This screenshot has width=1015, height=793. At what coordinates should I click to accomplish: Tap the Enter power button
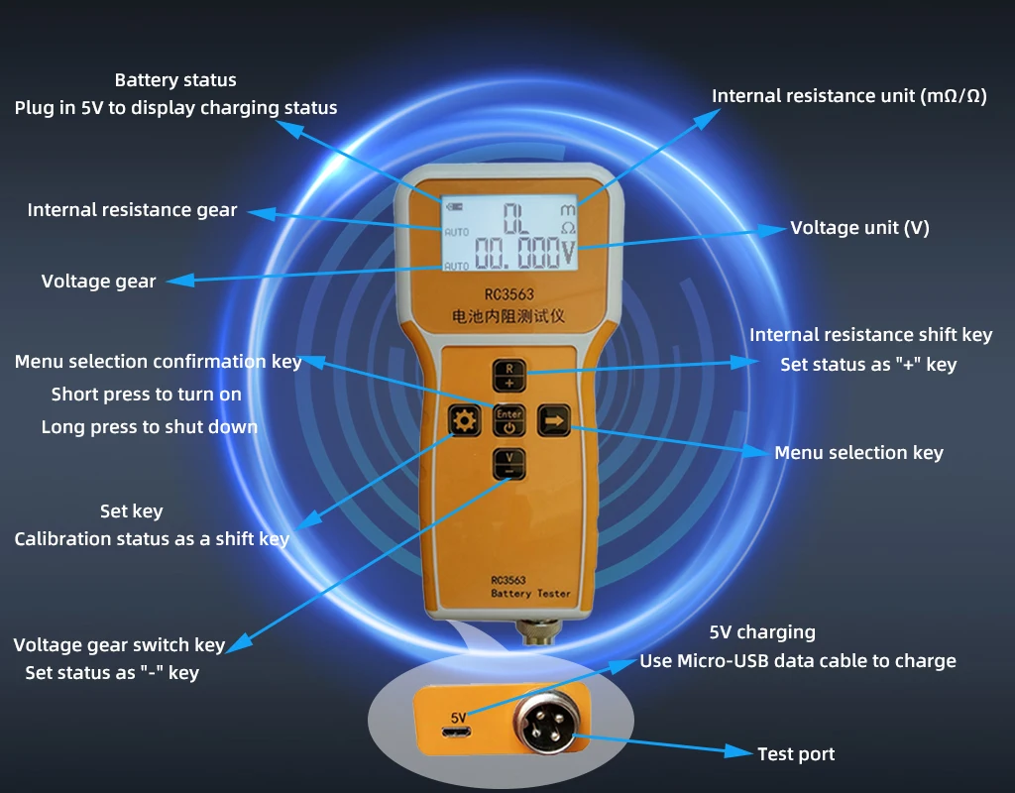(508, 421)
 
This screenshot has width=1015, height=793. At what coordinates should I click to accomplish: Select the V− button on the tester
(508, 464)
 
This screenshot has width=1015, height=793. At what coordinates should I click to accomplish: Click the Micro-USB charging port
(458, 734)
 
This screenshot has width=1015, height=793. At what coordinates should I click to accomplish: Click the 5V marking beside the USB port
(458, 716)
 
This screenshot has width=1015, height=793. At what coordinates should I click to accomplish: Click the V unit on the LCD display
(568, 254)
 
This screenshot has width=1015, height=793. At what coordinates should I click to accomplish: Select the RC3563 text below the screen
(508, 294)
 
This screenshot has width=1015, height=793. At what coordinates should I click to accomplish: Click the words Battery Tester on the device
(530, 593)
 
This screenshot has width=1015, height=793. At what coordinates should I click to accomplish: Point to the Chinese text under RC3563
(508, 318)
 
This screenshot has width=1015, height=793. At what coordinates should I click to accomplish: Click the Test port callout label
(796, 754)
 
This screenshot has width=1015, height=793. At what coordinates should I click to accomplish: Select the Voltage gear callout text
(98, 282)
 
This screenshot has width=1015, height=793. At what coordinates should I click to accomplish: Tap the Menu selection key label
(858, 453)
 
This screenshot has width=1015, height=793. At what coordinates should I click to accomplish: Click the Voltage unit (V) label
(859, 228)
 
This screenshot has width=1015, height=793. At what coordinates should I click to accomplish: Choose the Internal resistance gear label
(132, 210)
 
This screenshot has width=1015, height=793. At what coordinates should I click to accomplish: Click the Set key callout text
(131, 511)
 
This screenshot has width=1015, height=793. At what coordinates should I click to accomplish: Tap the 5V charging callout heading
(762, 632)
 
